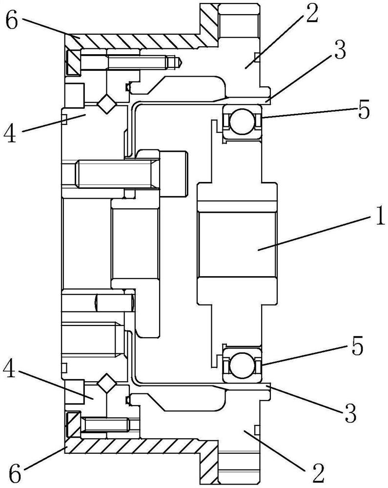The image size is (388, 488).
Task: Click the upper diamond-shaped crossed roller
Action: (106, 104)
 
